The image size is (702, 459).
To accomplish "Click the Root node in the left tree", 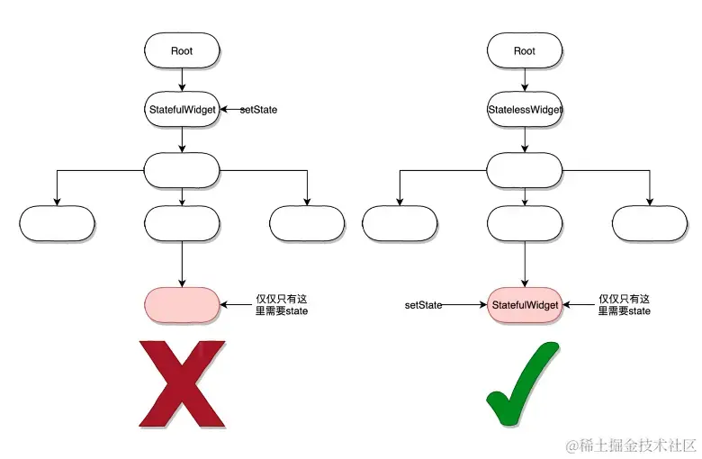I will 182,50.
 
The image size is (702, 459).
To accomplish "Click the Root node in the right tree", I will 525,50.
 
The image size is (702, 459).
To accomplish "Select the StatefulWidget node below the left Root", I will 182,109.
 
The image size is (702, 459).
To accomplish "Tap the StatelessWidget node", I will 525,109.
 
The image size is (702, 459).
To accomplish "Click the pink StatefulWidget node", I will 525,305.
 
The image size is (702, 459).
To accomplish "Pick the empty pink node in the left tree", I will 182,305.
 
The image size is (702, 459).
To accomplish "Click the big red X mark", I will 182,383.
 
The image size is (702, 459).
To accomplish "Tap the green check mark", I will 525,383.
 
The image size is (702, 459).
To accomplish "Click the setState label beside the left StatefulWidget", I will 257,109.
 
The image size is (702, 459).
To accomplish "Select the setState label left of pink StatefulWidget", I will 423,305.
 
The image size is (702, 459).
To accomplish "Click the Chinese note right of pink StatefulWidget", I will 625,305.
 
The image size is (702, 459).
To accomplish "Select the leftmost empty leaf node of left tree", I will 57,223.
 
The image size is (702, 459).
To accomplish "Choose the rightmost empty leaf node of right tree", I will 650,223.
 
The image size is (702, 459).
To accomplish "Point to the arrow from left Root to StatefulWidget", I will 182,79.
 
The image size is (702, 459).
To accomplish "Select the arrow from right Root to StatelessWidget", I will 525,79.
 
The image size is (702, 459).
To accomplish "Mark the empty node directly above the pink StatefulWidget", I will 525,223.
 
